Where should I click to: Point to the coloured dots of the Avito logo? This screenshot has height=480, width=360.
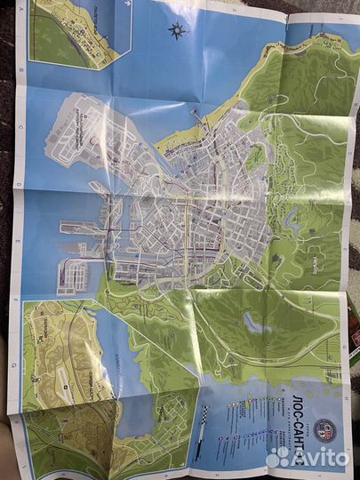pyautogui.click(x=278, y=456)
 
